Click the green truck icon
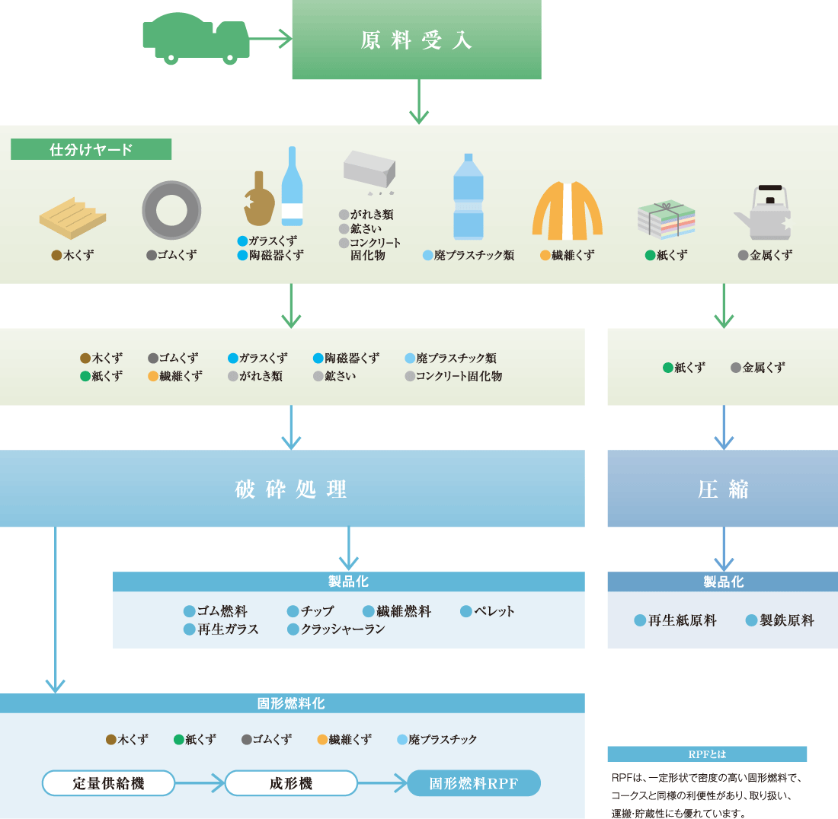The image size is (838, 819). tap(196, 38)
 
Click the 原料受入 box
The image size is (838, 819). tap(417, 40)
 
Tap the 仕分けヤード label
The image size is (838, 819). tap(91, 149)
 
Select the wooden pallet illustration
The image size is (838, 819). tap(72, 218)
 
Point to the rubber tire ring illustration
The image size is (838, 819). tap(171, 211)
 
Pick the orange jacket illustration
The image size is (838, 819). tap(567, 210)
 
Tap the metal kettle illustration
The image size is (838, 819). tap(764, 213)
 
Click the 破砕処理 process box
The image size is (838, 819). tap(292, 489)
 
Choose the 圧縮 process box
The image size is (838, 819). tap(722, 489)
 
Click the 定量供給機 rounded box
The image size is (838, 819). tap(108, 783)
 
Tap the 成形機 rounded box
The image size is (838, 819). tap(291, 783)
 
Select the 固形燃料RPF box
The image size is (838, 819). tap(474, 783)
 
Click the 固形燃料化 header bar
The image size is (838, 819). tap(292, 703)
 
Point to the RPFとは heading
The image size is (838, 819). tap(707, 754)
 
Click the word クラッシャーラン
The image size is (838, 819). tap(342, 629)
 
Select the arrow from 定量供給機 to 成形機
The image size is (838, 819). tap(200, 782)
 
